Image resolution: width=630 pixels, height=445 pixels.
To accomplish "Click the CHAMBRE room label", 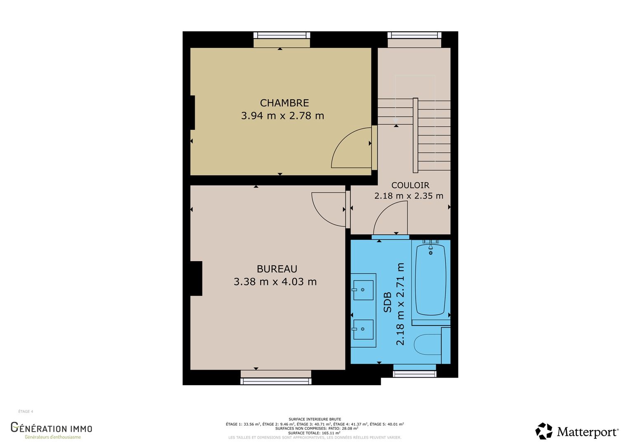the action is coord(284,103).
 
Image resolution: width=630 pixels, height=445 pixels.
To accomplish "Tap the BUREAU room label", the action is coord(277,269).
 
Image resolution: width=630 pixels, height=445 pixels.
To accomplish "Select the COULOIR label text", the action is coord(410,185).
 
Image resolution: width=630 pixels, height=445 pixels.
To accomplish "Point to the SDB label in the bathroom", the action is coord(388,302).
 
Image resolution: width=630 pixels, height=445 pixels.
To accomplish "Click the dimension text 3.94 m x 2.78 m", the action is coord(282,115).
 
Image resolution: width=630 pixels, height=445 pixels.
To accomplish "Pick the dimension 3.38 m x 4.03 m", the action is coord(275,281).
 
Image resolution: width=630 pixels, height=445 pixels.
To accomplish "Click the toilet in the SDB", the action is coord(428,345).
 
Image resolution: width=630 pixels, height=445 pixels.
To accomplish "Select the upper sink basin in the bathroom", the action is coord(363,290).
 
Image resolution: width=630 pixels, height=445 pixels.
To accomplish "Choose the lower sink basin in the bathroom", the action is coord(363,329).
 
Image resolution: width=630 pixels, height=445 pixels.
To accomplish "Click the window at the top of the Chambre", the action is coord(282,35).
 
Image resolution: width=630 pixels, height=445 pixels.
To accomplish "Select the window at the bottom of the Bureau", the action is coord(275,381).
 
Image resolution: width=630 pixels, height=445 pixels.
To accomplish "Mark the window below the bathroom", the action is coord(414,374).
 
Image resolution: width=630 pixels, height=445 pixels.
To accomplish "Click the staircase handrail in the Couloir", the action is coord(416,135).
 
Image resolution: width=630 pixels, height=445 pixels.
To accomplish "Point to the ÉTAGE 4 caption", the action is coord(26,412).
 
